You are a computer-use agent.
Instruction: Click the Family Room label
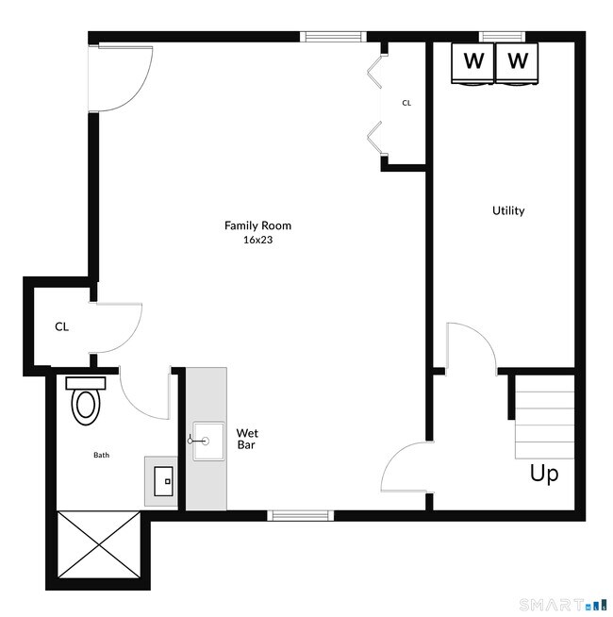(x=257, y=225)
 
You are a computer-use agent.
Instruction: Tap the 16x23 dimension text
(x=257, y=240)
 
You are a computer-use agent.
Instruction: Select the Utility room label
(x=508, y=210)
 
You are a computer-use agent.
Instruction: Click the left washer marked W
(x=472, y=63)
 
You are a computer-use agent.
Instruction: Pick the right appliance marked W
(x=517, y=63)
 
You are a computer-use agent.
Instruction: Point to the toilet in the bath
(x=86, y=401)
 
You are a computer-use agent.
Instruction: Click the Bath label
(x=101, y=455)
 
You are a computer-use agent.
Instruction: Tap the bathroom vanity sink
(x=163, y=481)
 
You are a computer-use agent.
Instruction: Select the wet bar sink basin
(x=208, y=442)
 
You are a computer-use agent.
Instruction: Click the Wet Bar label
(x=247, y=439)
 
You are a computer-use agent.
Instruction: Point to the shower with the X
(x=99, y=544)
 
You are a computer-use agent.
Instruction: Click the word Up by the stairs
(x=544, y=474)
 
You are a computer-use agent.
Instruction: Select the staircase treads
(x=544, y=417)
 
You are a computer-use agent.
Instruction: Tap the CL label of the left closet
(x=62, y=326)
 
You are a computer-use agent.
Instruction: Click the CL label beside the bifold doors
(x=406, y=103)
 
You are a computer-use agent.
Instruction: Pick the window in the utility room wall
(x=502, y=37)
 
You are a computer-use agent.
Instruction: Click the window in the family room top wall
(x=333, y=37)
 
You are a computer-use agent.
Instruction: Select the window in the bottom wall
(x=301, y=515)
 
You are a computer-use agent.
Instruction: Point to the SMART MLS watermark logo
(x=563, y=603)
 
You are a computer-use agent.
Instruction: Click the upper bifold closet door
(x=374, y=72)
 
